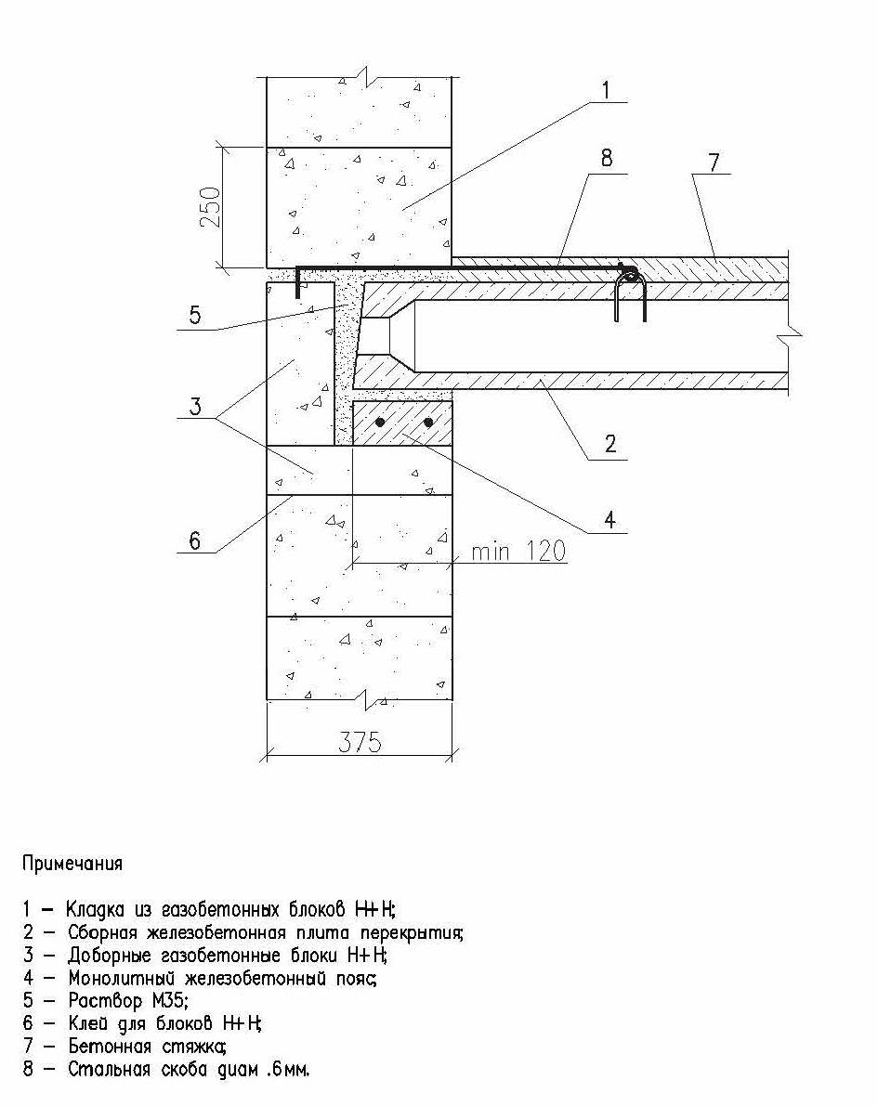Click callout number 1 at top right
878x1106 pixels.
click(x=605, y=90)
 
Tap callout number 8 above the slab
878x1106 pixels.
click(x=607, y=158)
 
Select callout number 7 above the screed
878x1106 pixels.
click(x=714, y=163)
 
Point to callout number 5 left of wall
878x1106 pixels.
click(x=195, y=316)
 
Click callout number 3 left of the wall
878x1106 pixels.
click(x=195, y=406)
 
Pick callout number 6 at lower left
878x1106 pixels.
click(x=195, y=540)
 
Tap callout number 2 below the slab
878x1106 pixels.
click(x=609, y=443)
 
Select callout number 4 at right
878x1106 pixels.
click(x=609, y=520)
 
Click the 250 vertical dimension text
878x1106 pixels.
click(x=211, y=207)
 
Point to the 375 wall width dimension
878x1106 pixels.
click(x=360, y=742)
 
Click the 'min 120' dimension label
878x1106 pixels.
click(x=518, y=551)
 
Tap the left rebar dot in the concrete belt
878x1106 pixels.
click(x=380, y=423)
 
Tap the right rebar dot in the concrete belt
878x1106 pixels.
click(x=427, y=423)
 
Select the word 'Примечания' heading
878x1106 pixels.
click(x=72, y=864)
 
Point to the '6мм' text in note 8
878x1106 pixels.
click(x=291, y=1070)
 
